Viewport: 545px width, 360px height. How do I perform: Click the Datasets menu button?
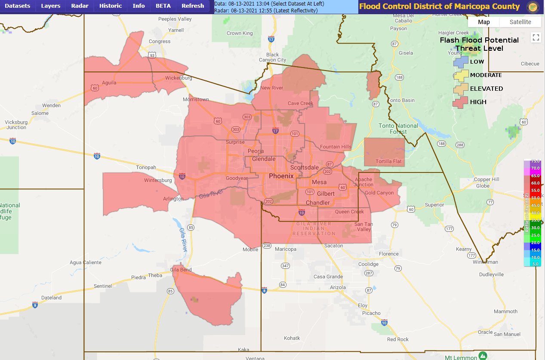click(x=17, y=6)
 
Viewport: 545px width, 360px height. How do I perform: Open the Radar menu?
click(x=79, y=6)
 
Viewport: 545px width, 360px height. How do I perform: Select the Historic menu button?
click(x=111, y=6)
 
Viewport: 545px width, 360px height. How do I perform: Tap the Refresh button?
click(x=193, y=6)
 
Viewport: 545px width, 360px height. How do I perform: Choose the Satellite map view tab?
click(x=520, y=22)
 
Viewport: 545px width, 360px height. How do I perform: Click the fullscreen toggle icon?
click(x=536, y=37)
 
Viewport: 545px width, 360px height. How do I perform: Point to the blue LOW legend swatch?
click(x=461, y=62)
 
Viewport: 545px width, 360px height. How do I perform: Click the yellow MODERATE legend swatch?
click(x=461, y=75)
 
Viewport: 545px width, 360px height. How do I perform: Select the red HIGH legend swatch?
click(x=461, y=102)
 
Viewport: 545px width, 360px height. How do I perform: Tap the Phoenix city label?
click(x=281, y=176)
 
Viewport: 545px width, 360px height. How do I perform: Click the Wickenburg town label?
click(x=179, y=78)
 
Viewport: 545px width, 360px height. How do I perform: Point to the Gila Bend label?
click(x=180, y=269)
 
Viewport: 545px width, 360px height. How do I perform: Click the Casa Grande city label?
click(x=328, y=277)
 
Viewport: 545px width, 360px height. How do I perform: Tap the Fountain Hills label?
click(x=336, y=147)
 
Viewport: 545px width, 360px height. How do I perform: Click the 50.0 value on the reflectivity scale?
click(x=535, y=197)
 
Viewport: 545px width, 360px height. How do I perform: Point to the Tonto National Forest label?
click(x=398, y=129)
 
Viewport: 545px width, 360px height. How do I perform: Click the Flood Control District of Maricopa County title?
click(x=439, y=6)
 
